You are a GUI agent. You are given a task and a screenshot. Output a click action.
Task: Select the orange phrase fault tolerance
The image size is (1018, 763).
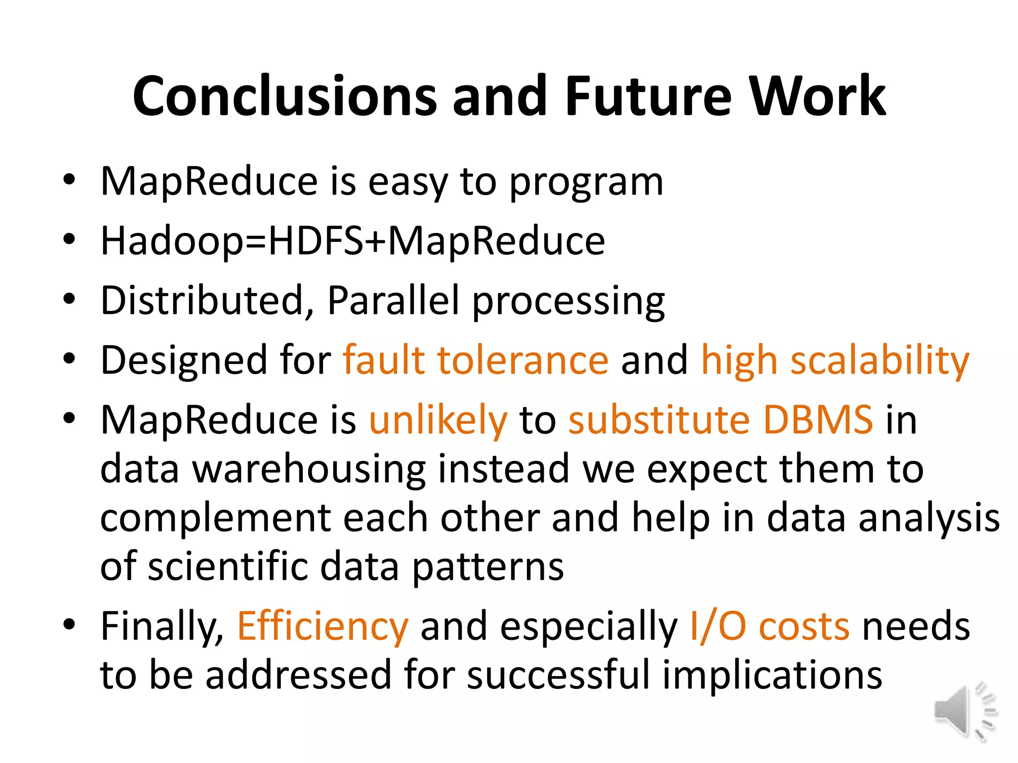[x=476, y=360]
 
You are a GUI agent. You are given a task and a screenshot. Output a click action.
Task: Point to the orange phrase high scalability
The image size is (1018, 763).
[x=835, y=361]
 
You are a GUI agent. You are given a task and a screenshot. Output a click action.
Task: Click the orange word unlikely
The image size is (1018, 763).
[x=438, y=420]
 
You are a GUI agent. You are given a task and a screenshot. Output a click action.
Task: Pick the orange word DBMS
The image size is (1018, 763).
[x=818, y=420]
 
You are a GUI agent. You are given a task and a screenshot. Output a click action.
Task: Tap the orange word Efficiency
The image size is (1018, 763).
[x=323, y=626]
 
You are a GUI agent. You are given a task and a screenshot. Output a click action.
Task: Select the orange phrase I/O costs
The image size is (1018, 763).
[x=769, y=626]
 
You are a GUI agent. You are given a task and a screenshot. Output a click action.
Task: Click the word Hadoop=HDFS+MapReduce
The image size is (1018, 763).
[x=352, y=241]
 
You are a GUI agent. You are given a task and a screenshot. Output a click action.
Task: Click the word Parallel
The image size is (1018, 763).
[x=393, y=301]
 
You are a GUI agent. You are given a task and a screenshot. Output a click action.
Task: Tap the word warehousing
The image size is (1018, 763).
[x=309, y=469]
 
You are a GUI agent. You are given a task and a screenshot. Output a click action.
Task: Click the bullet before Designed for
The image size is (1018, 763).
[x=69, y=359]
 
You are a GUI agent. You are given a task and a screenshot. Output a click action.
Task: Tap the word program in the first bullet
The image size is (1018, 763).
[x=587, y=183]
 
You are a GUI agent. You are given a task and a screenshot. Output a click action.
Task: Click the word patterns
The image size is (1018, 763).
[x=488, y=567]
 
